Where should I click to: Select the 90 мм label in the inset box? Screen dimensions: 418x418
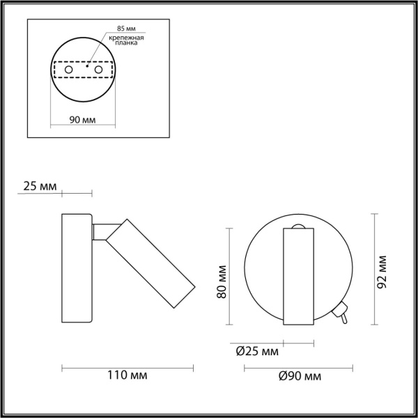coord(83,120)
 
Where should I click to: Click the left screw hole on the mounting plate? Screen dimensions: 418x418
coord(68,71)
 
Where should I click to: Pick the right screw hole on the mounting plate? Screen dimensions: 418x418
coord(99,71)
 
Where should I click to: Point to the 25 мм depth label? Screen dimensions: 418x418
coord(39,186)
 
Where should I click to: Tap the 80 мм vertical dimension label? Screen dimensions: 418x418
coord(221,280)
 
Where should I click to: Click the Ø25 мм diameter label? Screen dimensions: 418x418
coord(257,353)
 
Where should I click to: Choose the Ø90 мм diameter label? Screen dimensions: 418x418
coord(300,376)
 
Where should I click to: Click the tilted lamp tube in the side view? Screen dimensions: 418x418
coord(149,265)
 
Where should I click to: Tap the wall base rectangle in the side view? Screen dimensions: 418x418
coord(77,268)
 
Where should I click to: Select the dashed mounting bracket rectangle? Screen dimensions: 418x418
coord(83,71)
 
